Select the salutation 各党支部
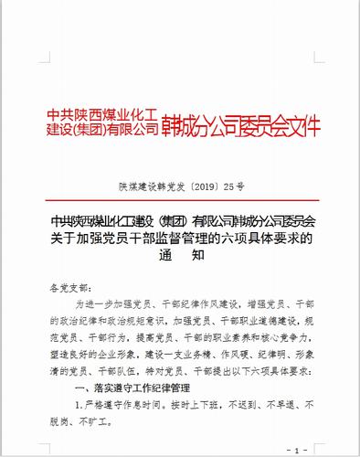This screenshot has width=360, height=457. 74,287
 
